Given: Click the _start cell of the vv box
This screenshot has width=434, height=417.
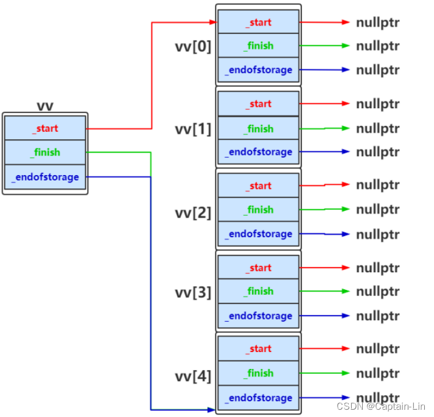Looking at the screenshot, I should coord(45,128).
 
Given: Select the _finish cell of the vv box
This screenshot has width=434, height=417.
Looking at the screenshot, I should coord(45,152).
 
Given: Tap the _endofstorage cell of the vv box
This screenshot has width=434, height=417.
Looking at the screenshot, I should coord(45,177).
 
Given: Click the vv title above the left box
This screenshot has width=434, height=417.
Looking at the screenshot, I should coord(45,106).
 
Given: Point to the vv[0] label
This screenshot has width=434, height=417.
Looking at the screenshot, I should coord(193,46).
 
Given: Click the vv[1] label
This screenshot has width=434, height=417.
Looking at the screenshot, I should coord(193,129).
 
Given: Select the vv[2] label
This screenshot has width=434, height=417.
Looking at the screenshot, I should coord(193,212).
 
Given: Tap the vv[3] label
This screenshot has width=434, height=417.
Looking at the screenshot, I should coord(193,293).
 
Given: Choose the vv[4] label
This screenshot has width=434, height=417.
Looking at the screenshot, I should coord(193,376).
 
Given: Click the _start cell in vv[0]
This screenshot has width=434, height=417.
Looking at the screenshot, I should coord(258,22).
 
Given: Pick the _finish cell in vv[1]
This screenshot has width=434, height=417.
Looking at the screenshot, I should coord(258,128).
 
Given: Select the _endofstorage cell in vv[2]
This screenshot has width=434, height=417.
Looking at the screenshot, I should coord(258,233).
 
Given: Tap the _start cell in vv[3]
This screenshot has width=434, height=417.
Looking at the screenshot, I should coord(258,267).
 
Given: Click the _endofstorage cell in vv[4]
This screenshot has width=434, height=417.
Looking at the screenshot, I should coord(258,398).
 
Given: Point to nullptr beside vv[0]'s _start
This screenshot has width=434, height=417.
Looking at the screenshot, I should coord(377,22).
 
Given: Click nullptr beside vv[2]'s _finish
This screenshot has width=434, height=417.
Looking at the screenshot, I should coord(377,210).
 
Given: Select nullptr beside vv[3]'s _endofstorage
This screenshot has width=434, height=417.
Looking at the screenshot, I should coord(377,316).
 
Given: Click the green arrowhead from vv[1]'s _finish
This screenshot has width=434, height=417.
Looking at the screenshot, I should coord(346,128).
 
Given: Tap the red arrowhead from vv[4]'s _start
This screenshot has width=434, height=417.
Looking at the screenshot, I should coord(346,349).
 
